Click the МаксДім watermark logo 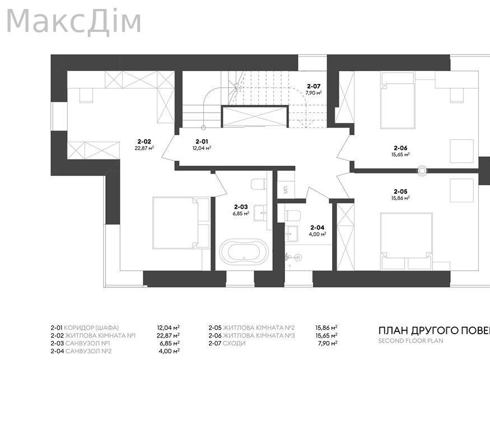[x=73, y=21]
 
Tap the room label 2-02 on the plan [x=144, y=142]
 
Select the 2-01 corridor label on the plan [x=202, y=142]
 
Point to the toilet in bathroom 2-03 [x=258, y=184]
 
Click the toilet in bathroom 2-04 [x=293, y=215]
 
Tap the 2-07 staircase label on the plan [x=314, y=86]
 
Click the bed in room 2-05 [x=407, y=235]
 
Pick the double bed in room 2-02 [x=181, y=222]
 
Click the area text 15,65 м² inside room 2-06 [x=400, y=154]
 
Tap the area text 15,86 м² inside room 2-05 [x=401, y=198]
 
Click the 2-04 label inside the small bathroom [x=317, y=227]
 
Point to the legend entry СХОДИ [x=234, y=343]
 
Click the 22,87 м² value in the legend [x=169, y=335]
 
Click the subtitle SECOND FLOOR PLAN [x=410, y=340]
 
